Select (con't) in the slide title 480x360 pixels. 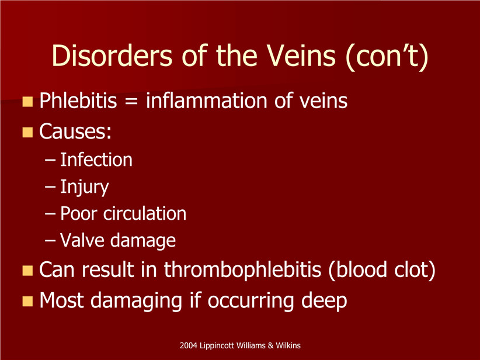click(387, 57)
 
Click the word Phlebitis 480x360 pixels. click(78, 101)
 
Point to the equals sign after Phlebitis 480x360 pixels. click(131, 102)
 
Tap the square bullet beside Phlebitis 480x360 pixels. click(27, 102)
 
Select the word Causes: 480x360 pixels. click(75, 131)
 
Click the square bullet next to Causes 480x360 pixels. click(27, 132)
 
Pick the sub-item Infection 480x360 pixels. click(96, 160)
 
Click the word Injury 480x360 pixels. click(85, 187)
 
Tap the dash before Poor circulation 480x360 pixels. click(50, 214)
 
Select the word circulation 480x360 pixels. click(145, 213)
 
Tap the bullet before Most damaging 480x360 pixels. click(27, 301)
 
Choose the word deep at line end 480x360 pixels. click(324, 301)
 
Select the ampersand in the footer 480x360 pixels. click(270, 345)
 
